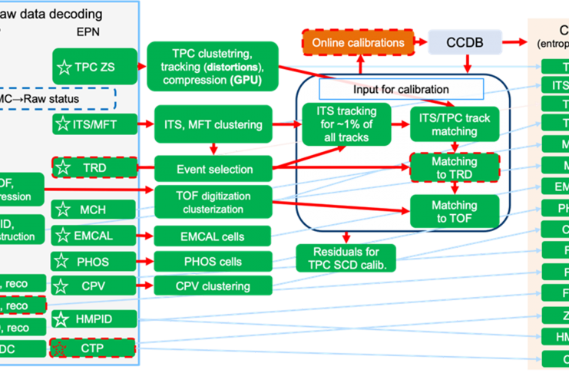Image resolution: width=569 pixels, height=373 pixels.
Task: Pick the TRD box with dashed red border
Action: tap(95, 167)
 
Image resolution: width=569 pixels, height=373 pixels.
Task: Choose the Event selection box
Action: tap(213, 169)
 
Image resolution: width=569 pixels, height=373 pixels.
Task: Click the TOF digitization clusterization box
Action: tap(213, 201)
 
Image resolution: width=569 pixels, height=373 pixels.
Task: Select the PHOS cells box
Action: tap(213, 262)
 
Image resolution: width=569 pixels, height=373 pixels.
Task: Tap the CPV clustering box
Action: tap(213, 286)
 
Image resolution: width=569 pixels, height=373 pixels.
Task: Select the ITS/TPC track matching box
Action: tap(455, 124)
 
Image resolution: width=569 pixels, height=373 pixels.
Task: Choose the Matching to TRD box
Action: tap(455, 168)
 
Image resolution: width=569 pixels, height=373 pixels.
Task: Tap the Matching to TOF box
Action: tap(455, 211)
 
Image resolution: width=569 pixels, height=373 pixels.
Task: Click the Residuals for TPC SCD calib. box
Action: tap(346, 258)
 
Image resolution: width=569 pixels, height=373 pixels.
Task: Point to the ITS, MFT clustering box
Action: tap(213, 124)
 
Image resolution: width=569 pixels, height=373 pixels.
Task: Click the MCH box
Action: tap(95, 209)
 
